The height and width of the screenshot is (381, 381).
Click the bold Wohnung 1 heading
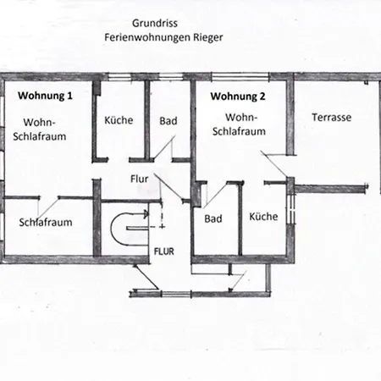pos(45,97)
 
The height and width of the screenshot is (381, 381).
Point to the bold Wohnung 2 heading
pos(238,97)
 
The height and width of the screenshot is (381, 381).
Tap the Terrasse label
pos(331,117)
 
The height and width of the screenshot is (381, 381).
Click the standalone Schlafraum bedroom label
pos(45,224)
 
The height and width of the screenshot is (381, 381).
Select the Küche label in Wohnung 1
pos(119,120)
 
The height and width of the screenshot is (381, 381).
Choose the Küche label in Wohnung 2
pos(263,217)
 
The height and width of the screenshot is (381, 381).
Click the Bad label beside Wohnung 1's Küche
pos(168,120)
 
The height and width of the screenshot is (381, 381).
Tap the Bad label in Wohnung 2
pos(213,218)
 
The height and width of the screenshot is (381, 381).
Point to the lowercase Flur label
pos(140,179)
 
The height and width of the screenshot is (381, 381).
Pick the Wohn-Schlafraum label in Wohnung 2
pos(246,124)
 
